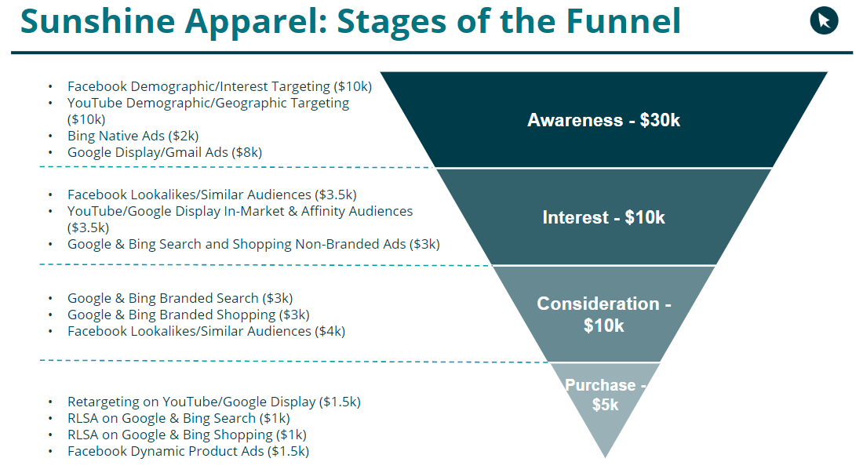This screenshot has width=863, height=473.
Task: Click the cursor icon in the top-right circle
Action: point(824,20)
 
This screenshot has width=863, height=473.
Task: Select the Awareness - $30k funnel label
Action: point(603,121)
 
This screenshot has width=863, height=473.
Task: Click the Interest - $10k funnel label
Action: point(603,217)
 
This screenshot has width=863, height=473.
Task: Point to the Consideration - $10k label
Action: point(603,314)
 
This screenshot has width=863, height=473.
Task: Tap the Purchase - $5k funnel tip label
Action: point(605,395)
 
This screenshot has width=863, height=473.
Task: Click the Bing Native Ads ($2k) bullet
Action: point(133,136)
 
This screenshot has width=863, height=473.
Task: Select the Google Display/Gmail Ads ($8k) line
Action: point(164,152)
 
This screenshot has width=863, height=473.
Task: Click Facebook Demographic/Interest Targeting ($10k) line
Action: point(219,86)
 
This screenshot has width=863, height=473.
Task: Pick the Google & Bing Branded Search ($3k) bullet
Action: point(180,298)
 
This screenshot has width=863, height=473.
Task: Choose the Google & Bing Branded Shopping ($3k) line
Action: point(188,315)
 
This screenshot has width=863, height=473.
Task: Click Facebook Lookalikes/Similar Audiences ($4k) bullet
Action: point(206,331)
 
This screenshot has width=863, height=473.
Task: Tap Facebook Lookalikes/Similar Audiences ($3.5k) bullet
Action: point(212,195)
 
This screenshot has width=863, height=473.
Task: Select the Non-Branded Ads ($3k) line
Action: point(253,244)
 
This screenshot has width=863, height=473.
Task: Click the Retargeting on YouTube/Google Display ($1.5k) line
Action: point(213,402)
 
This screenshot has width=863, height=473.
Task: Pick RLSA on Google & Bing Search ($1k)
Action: point(178,418)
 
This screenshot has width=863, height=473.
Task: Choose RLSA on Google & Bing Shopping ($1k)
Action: point(187,435)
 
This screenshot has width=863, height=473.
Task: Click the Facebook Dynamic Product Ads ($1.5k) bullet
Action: point(188,451)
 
